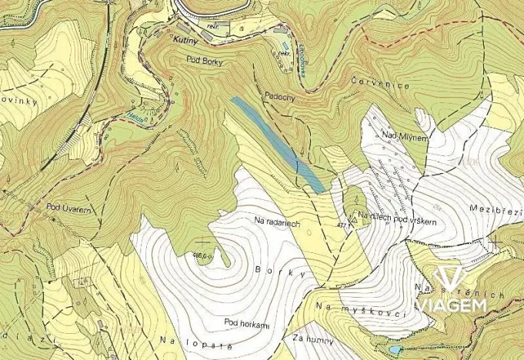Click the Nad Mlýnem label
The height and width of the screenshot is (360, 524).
click(399, 135)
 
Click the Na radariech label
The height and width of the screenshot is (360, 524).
click(275, 220)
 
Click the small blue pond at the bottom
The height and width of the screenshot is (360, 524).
click(395, 350)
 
